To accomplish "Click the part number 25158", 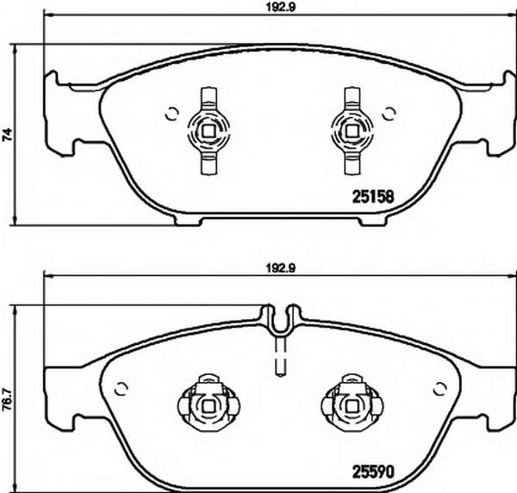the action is [373, 197].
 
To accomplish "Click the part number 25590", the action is [373, 471].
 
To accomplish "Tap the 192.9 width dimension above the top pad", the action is [281, 8].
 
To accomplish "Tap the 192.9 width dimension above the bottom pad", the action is [281, 268].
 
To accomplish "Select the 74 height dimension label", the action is [7, 135].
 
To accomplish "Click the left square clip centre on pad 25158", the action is [209, 132].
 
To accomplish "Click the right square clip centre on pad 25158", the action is [352, 132].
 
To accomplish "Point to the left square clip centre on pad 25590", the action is [209, 406].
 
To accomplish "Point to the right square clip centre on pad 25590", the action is [352, 406].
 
